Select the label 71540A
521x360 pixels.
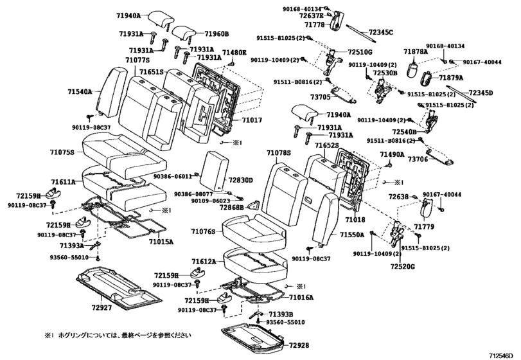[x=80, y=92]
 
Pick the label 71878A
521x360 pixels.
[x=416, y=51]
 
